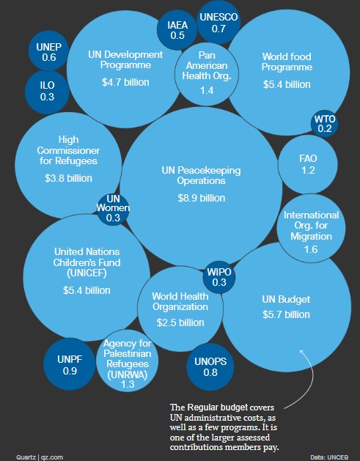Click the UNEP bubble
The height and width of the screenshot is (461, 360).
[x=49, y=51]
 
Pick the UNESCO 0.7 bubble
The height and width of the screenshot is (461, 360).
[x=218, y=23]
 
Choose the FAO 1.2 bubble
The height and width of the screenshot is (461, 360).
[x=307, y=164]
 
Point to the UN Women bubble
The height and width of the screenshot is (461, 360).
[x=113, y=208]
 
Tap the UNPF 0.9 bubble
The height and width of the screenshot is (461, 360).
[x=70, y=365]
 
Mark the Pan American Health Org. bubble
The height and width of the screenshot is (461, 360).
[x=206, y=73]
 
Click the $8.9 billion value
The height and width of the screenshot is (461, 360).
[x=200, y=198]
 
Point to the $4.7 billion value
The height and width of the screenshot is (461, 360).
[x=125, y=82]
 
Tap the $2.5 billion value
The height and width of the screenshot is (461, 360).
[x=181, y=322]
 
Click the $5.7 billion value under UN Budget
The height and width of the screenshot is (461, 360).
[x=287, y=314]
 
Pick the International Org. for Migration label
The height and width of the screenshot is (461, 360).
[x=312, y=226]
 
